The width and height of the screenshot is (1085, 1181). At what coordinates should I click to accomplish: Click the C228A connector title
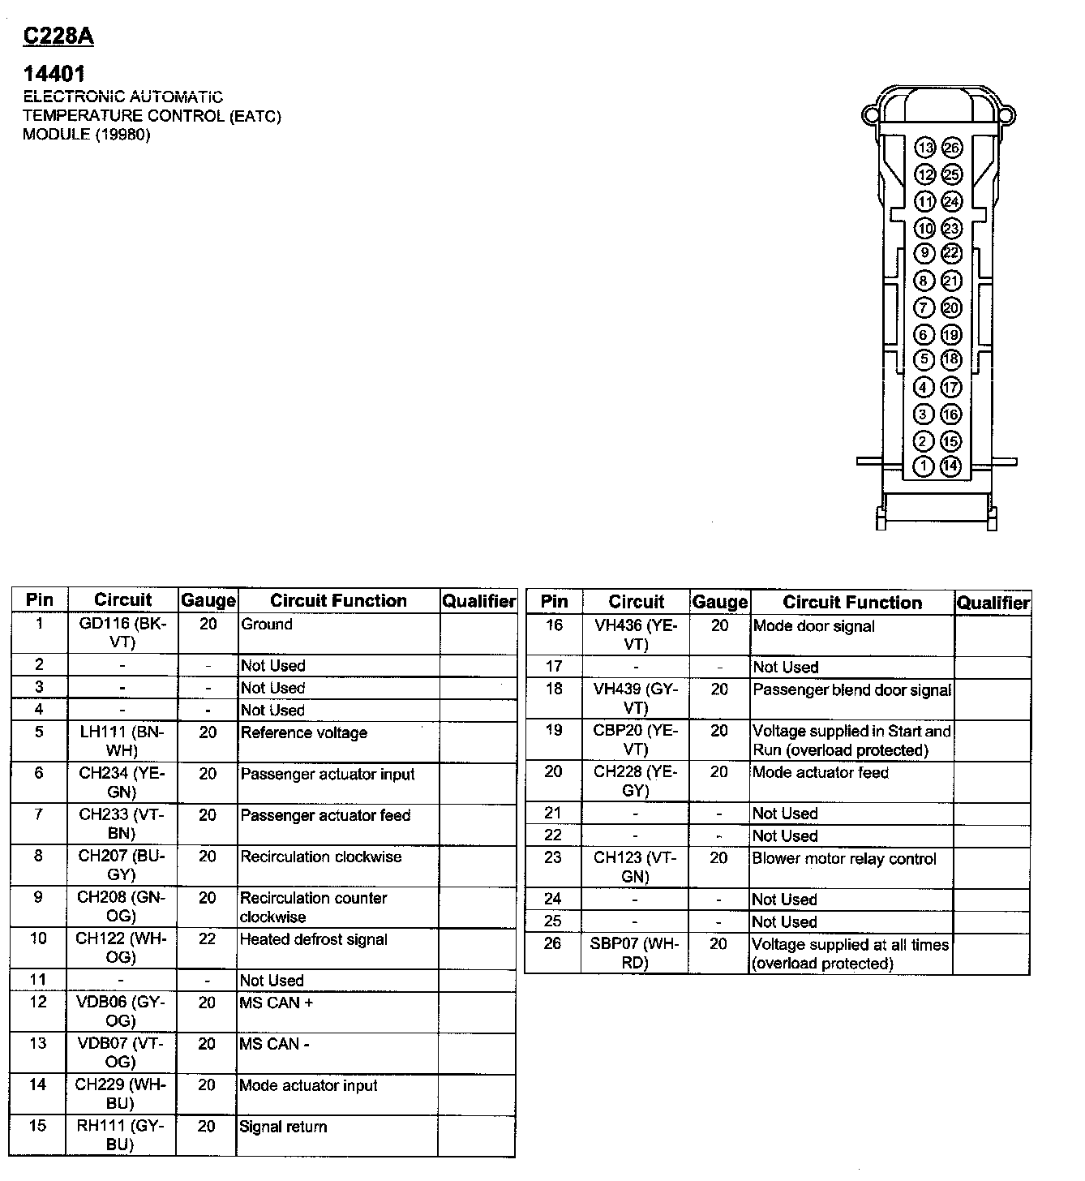click(59, 37)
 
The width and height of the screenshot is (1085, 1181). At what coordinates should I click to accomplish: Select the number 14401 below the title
click(54, 75)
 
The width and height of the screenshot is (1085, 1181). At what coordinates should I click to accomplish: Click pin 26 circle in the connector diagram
click(951, 148)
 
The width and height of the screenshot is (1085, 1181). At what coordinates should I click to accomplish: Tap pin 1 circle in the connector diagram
click(924, 466)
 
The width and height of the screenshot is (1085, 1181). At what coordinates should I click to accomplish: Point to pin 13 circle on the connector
click(925, 148)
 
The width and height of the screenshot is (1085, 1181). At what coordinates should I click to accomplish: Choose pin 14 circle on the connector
click(951, 466)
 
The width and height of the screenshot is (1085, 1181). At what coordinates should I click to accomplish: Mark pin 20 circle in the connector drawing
click(951, 308)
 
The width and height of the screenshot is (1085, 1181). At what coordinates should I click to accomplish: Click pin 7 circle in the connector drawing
click(924, 308)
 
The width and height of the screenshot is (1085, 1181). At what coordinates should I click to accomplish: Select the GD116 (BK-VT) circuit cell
click(122, 633)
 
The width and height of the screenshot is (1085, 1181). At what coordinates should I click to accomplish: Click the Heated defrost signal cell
click(314, 939)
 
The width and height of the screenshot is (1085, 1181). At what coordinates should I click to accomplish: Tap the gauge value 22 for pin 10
click(208, 938)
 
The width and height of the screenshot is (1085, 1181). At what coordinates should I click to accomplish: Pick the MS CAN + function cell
click(276, 1003)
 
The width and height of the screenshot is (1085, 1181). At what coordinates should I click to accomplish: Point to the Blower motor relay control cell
click(844, 859)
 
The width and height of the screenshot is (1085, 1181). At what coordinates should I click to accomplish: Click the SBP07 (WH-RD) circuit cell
click(635, 953)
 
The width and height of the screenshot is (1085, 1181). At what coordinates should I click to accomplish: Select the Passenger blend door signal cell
click(851, 690)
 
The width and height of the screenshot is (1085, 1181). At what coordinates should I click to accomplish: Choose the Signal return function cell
click(283, 1127)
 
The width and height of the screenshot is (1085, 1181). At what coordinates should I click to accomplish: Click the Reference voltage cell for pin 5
click(304, 733)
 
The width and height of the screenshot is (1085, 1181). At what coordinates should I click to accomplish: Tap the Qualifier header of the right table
click(993, 603)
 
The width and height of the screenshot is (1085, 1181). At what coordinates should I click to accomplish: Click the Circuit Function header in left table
click(338, 601)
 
